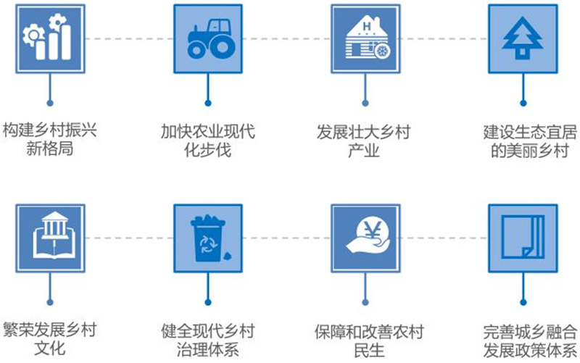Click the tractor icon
pyautogui.click(x=211, y=38)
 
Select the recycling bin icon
pyautogui.click(x=209, y=238)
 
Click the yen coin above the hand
pyautogui.click(x=372, y=231)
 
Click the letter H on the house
pyautogui.click(x=366, y=26)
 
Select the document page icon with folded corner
pyautogui.click(x=523, y=238)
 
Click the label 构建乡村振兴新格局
pyautogui.click(x=50, y=140)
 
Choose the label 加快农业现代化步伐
pyautogui.click(x=208, y=141)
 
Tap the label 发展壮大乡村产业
pyautogui.click(x=364, y=141)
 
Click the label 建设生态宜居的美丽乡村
pyautogui.click(x=530, y=141)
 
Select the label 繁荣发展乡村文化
pyautogui.click(x=50, y=339)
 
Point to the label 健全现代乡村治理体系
pyautogui.click(x=208, y=340)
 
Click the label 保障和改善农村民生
pyautogui.click(x=369, y=341)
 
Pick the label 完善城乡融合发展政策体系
pyautogui.click(x=530, y=341)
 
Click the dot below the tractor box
pyautogui.click(x=208, y=103)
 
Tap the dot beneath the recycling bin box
pyautogui.click(x=208, y=302)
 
